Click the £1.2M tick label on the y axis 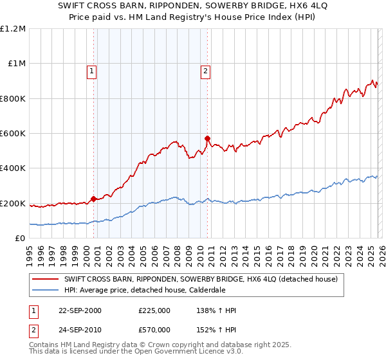click(14, 29)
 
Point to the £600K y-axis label click(13, 134)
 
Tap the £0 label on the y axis click(21, 239)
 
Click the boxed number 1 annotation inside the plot click(92, 71)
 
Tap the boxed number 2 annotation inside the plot click(205, 71)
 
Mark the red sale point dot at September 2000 click(94, 199)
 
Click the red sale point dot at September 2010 click(207, 138)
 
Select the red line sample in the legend click(46, 278)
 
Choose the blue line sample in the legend click(46, 290)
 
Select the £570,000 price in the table click(154, 328)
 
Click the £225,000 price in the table click(154, 310)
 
